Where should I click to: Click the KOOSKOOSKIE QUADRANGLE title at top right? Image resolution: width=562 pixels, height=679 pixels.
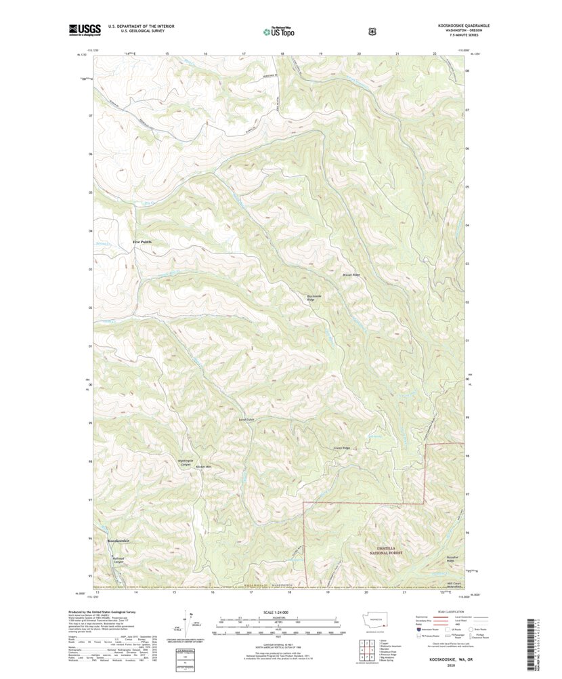[464, 25]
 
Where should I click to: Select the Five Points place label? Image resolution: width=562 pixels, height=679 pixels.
[142, 242]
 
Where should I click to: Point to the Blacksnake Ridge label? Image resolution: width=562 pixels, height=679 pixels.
[316, 297]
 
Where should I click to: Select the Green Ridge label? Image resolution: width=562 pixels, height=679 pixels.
[341, 448]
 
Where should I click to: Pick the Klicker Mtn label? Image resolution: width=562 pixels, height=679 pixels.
[203, 467]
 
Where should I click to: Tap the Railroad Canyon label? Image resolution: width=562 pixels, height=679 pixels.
[118, 560]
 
